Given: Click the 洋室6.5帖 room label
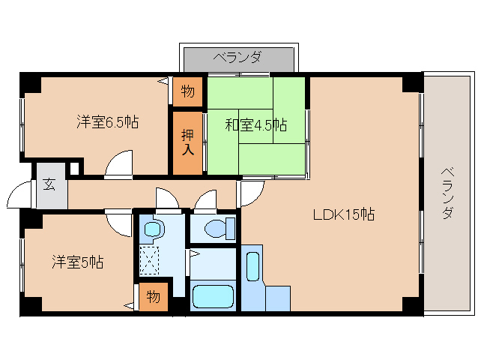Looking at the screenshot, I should pyautogui.click(x=106, y=121).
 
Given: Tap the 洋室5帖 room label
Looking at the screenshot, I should pyautogui.click(x=77, y=262).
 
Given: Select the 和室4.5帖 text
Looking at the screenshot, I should pyautogui.click(x=256, y=124).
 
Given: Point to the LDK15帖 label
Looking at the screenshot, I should pyautogui.click(x=344, y=214).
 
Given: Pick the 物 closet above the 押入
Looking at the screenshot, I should pyautogui.click(x=187, y=91).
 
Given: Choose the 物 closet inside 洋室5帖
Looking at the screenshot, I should pyautogui.click(x=153, y=297).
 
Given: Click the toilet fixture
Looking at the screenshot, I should pyautogui.click(x=217, y=227).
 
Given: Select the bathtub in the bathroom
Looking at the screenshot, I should pyautogui.click(x=214, y=296).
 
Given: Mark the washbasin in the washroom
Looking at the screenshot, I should pyautogui.click(x=154, y=227).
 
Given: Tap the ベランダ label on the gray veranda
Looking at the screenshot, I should pyautogui.click(x=238, y=57).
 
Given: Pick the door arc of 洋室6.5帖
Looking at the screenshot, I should pyautogui.click(x=119, y=164).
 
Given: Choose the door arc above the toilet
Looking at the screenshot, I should pyautogui.click(x=205, y=203).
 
